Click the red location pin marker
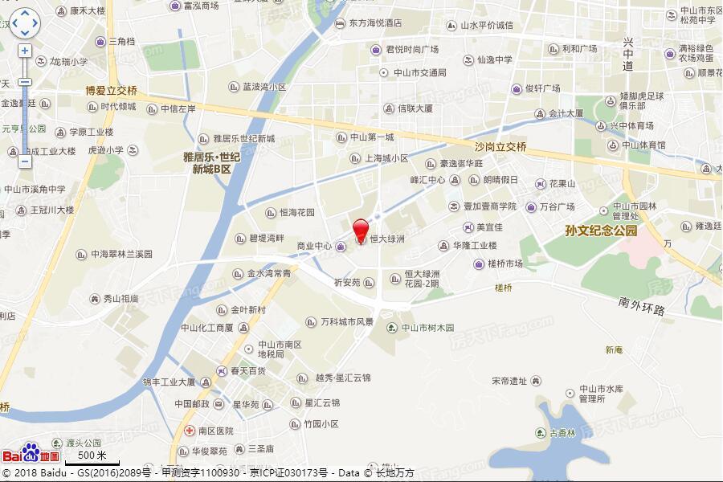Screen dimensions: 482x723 click(361, 230)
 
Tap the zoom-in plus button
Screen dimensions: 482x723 click(24, 51)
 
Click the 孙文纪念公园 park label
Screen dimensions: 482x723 click(601, 231)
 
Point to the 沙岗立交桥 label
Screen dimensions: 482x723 click(500, 147)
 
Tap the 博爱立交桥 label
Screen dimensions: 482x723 click(112, 91)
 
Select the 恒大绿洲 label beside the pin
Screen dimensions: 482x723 click(386, 239)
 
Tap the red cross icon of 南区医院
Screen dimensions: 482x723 click(190, 431)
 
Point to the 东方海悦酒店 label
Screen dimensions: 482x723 click(375, 24)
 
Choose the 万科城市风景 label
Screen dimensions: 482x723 click(347, 322)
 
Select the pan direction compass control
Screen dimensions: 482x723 click(24, 23)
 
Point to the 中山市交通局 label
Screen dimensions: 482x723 click(419, 72)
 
